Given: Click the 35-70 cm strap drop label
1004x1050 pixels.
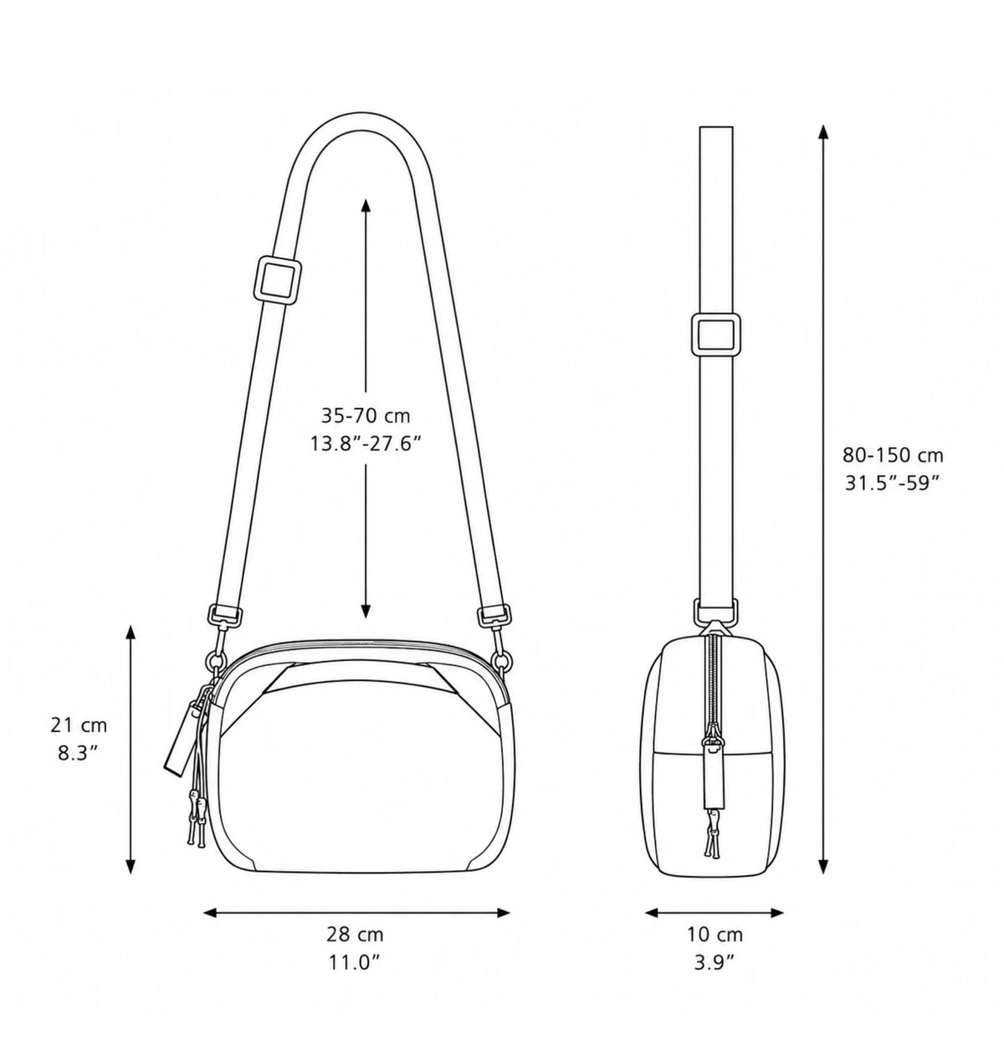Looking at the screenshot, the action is point(366,416).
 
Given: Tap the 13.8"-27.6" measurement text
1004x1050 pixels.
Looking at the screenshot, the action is point(365,443).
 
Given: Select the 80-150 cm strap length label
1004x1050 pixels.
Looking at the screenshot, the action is point(893,455).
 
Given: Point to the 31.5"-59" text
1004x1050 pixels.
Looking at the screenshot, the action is point(893,483).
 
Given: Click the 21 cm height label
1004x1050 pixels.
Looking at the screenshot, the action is point(79,725).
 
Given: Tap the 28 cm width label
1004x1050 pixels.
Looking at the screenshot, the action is point(355,934).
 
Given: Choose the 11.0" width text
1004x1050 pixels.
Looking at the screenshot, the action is point(355,961).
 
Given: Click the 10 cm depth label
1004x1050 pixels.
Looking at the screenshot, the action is point(715,934).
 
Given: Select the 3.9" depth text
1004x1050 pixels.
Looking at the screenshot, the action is point(715,962).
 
